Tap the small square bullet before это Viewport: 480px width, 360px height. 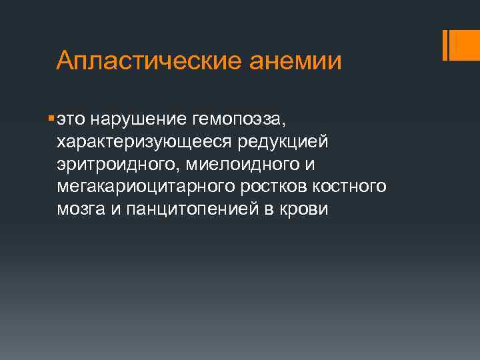[51, 119]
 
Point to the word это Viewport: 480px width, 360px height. [71, 120]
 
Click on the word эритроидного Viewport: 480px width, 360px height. [114, 164]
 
